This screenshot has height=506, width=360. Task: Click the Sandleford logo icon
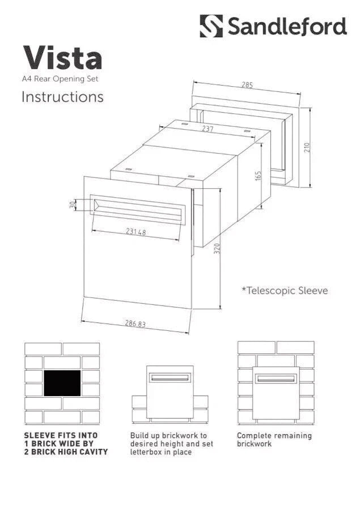point(211,26)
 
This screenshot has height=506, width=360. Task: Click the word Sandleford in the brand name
point(286,27)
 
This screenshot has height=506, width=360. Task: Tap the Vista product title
point(62,58)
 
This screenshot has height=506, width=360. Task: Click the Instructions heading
point(62,97)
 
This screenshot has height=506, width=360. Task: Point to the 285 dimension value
point(247,85)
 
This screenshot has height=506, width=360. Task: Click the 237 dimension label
point(207,129)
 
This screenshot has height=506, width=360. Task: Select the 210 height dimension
point(307,147)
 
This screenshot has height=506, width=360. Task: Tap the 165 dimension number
point(258,176)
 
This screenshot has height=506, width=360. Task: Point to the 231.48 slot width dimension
point(136,232)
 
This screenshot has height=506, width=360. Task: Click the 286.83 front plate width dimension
point(135,324)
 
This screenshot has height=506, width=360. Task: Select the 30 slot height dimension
point(72,205)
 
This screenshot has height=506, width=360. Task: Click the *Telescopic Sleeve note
point(285,291)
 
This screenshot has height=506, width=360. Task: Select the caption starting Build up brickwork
point(168,444)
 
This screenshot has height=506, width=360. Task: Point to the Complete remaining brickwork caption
point(274,440)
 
